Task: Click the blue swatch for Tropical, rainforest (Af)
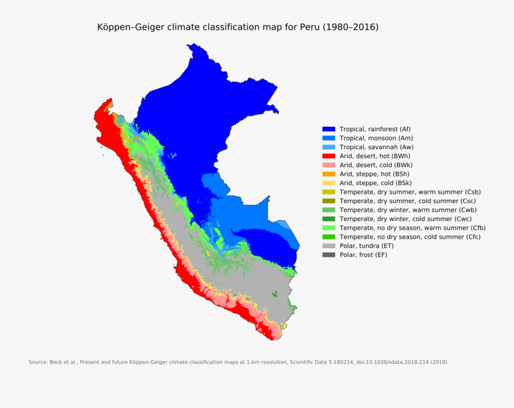click(x=328, y=129)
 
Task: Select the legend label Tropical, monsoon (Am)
click(x=376, y=138)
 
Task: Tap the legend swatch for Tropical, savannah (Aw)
click(x=328, y=147)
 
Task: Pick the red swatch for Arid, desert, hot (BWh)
click(x=328, y=156)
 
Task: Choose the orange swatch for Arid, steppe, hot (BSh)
click(x=328, y=174)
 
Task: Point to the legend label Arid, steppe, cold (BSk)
click(x=375, y=183)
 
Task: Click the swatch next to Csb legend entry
click(x=328, y=192)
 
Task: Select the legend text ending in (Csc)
click(x=407, y=201)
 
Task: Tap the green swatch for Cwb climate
click(x=328, y=210)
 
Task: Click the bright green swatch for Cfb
click(x=328, y=228)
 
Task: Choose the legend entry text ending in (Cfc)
click(x=409, y=237)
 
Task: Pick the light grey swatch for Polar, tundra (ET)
click(x=328, y=245)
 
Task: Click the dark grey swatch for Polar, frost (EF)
click(x=328, y=255)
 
